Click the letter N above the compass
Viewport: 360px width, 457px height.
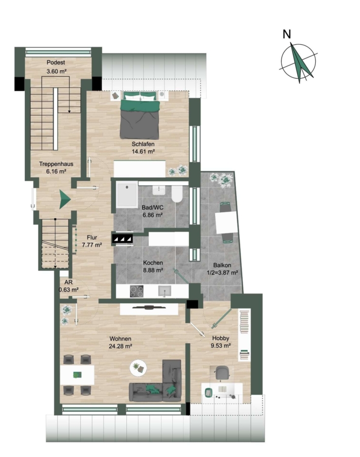(287, 34)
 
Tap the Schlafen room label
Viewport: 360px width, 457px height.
(143, 144)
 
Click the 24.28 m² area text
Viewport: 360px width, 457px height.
(120, 346)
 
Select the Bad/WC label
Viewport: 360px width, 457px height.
(152, 208)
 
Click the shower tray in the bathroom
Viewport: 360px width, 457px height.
(127, 194)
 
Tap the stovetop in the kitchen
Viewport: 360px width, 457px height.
(137, 291)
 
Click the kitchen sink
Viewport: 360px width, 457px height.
(165, 291)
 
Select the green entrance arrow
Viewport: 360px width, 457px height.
(65, 200)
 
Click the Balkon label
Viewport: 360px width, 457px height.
(222, 265)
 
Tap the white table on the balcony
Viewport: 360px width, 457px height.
(226, 222)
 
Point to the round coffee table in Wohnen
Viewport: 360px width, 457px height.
(138, 367)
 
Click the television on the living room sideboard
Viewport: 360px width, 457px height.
(149, 307)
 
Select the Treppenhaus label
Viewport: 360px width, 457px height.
(56, 164)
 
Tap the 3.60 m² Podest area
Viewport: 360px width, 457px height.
(56, 71)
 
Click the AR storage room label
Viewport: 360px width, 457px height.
(69, 282)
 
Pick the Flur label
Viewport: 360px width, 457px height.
(92, 238)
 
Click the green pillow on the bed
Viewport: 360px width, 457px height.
(141, 106)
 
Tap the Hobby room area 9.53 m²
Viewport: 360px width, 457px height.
(221, 346)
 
